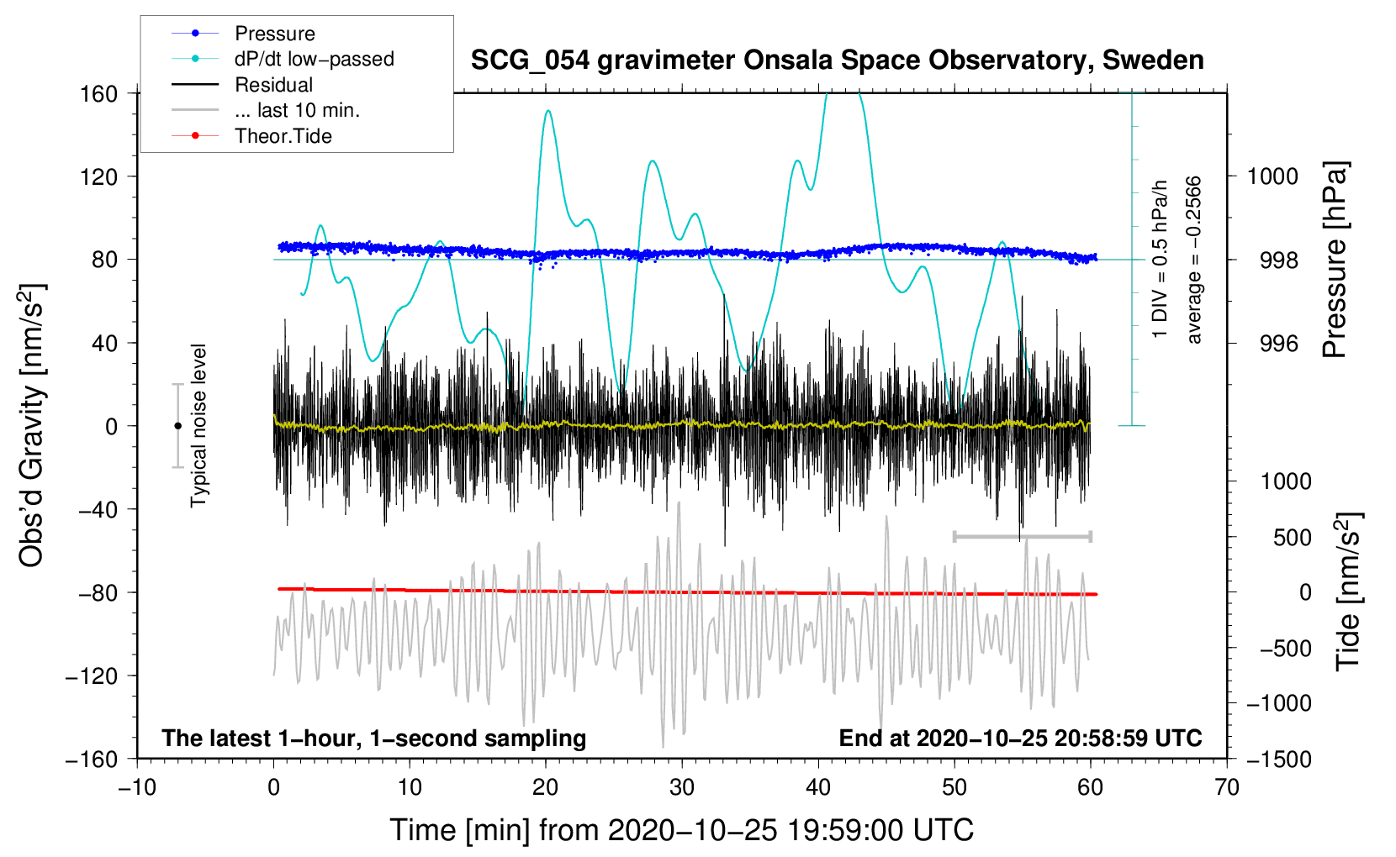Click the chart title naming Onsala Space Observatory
coord(837,60)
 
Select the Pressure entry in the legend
coord(274,34)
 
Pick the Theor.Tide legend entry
coord(283,136)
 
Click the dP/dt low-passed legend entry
coord(314,59)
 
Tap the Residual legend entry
coord(273,85)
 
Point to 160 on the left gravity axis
coord(99,93)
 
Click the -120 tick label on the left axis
coord(93,676)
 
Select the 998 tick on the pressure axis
coord(1278,260)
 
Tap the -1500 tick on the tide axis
coord(1278,759)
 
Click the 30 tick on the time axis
coord(682,787)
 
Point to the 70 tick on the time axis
coord(1227,787)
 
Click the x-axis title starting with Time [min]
coord(682,830)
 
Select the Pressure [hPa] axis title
coord(1335,260)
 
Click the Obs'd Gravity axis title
coord(32,425)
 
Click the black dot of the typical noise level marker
coord(177,426)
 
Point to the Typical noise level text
coord(198,425)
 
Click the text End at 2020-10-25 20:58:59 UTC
coord(1020,738)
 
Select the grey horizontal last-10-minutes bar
coord(1022,536)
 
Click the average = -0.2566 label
coord(1194,260)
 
